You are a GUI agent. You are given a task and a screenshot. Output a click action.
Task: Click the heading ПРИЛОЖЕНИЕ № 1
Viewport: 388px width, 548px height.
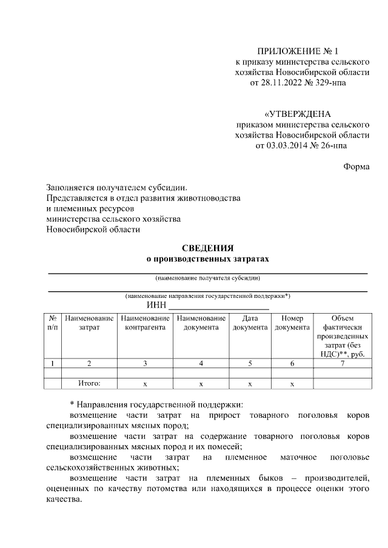[x=301, y=51]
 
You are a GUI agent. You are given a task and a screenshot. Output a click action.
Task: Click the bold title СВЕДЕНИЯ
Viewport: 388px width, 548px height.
[x=207, y=248]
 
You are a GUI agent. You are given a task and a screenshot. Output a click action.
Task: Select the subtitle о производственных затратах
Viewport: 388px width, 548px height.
[x=207, y=259]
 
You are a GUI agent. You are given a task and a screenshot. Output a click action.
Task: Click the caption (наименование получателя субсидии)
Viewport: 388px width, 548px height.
[x=207, y=279]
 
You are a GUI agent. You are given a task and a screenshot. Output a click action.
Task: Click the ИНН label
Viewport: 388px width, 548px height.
[x=156, y=305]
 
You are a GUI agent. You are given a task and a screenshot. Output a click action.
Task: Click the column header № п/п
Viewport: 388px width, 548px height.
[x=53, y=323]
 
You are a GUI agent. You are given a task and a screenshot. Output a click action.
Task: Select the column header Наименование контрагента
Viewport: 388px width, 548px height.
[x=145, y=323]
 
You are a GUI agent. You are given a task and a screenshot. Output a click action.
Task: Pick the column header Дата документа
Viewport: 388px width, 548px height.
[x=250, y=323]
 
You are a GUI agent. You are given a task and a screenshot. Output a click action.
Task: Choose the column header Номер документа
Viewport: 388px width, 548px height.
[x=292, y=323]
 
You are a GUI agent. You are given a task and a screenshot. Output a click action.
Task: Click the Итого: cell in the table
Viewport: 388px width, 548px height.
[x=89, y=383]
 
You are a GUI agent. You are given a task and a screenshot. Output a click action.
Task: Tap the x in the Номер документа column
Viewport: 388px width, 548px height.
[x=292, y=384]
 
